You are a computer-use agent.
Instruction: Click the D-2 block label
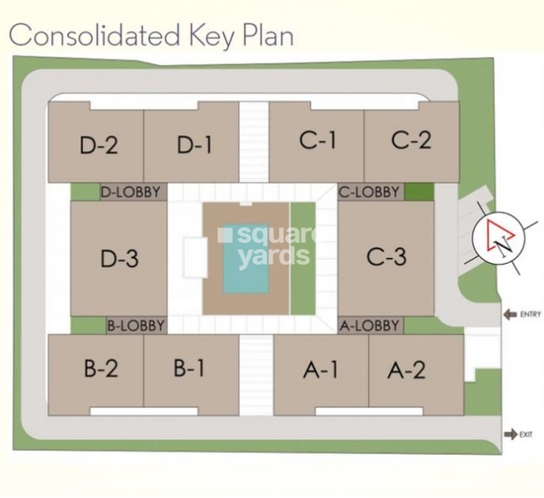(99, 145)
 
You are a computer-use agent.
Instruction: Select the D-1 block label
(194, 145)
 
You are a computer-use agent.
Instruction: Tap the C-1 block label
(317, 140)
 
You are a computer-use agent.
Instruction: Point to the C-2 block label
(411, 140)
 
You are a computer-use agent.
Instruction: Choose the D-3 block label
(119, 259)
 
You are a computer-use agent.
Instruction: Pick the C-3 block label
(386, 256)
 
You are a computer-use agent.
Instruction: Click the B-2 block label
(102, 369)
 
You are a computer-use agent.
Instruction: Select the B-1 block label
(189, 369)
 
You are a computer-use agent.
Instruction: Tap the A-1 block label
(320, 370)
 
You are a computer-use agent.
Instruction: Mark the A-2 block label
(406, 370)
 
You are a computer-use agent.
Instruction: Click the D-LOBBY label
(133, 193)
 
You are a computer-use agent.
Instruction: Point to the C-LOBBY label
(370, 193)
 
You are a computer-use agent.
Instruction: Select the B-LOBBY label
(136, 325)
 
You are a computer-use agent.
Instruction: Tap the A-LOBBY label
(370, 325)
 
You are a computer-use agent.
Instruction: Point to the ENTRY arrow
(508, 314)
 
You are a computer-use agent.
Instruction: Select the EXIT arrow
(508, 434)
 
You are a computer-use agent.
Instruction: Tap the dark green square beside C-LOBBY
(419, 193)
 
